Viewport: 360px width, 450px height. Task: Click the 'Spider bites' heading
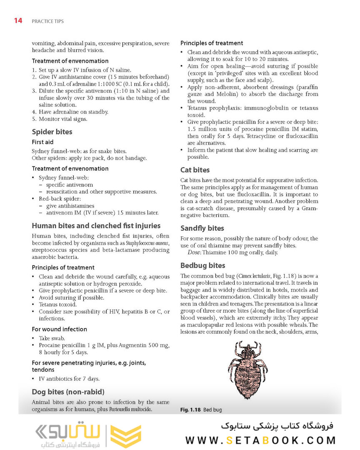(52, 132)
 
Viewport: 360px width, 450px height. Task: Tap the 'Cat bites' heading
(195, 170)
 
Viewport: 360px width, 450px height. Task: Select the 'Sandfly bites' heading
(202, 228)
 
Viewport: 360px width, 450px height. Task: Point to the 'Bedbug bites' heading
(202, 265)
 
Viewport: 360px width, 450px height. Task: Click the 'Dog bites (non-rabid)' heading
(68, 392)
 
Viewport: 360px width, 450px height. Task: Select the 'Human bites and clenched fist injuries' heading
(96, 226)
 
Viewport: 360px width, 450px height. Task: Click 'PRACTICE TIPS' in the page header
(47, 21)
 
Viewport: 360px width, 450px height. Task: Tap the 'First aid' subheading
(43, 142)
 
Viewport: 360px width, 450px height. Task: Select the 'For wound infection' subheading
(60, 329)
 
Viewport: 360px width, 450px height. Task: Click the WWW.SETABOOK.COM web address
(260, 440)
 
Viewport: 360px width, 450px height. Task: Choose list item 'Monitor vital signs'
(63, 119)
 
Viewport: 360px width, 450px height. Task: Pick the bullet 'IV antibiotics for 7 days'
(69, 379)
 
